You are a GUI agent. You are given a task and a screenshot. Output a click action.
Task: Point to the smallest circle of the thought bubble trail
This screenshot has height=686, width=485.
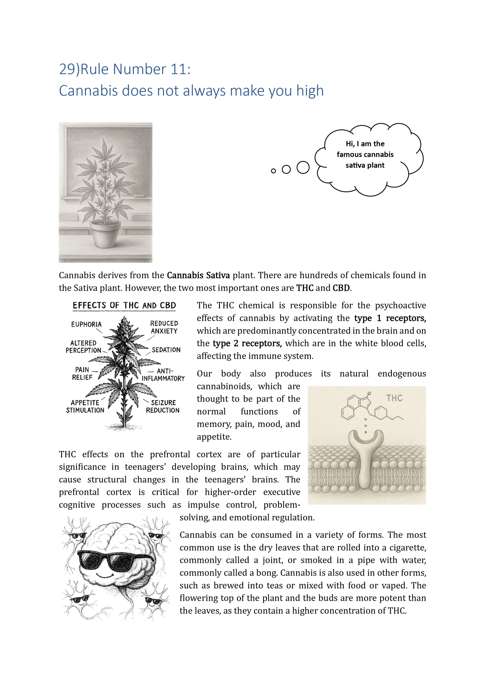click(x=273, y=171)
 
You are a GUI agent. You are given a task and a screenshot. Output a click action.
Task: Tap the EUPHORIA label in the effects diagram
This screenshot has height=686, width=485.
click(x=86, y=325)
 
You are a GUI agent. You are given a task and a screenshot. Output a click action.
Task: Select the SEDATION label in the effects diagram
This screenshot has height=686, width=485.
click(x=166, y=350)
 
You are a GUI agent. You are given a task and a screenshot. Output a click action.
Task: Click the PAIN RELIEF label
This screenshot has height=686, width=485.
click(x=82, y=374)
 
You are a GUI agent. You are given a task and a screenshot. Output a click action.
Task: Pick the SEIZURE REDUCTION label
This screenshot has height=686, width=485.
click(x=163, y=406)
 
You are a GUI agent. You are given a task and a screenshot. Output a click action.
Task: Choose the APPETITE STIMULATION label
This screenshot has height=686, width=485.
click(x=85, y=406)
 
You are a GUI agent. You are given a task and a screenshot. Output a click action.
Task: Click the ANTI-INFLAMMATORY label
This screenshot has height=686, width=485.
click(x=163, y=375)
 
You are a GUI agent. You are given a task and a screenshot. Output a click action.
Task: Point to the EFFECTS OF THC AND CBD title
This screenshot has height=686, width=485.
click(x=124, y=305)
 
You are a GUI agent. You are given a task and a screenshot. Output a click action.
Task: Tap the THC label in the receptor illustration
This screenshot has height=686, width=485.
click(x=394, y=398)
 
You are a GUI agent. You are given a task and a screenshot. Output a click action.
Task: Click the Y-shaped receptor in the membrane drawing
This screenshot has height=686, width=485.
click(x=366, y=457)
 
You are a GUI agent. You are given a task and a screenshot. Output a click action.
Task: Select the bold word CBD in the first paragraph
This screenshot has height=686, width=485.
click(x=341, y=288)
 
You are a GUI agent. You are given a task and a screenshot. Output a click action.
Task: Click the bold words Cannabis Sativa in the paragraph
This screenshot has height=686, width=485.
click(x=198, y=275)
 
